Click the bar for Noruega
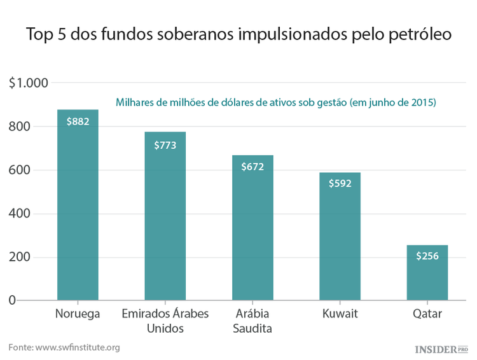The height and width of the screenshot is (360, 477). pos(78,210)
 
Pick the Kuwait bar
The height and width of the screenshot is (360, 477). pos(340,242)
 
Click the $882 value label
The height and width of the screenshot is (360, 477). pos(78,121)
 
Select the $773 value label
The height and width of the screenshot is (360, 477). pos(165,144)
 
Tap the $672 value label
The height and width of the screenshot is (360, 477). pos(252,167)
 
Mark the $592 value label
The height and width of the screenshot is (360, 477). pos(340,184)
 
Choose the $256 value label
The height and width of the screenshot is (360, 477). pos(427,256)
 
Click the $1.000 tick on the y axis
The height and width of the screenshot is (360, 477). pos(29,83)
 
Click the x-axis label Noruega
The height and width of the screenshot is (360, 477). pos(78,314)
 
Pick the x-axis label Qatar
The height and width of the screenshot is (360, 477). pos(427,314)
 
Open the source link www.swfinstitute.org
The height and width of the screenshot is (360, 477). pos(78,347)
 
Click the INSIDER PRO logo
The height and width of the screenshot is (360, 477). pos(441,349)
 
